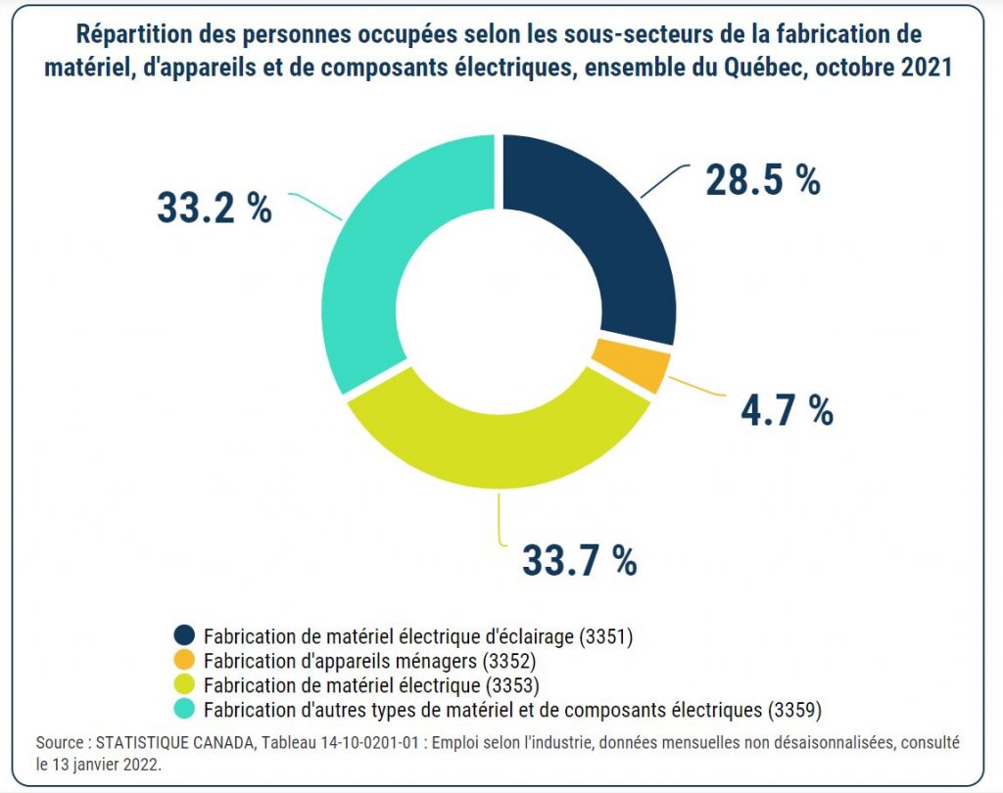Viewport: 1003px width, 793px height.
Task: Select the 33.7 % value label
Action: (x=579, y=560)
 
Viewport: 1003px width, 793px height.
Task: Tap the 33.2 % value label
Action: (x=214, y=208)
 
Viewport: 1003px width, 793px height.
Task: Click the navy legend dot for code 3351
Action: (x=184, y=635)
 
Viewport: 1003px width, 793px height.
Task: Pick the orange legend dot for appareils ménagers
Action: (x=184, y=659)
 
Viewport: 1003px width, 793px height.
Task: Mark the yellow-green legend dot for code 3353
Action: (x=184, y=682)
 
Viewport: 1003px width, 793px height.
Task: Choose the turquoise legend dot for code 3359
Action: (x=184, y=706)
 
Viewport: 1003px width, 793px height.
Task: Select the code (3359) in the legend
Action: (x=796, y=706)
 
